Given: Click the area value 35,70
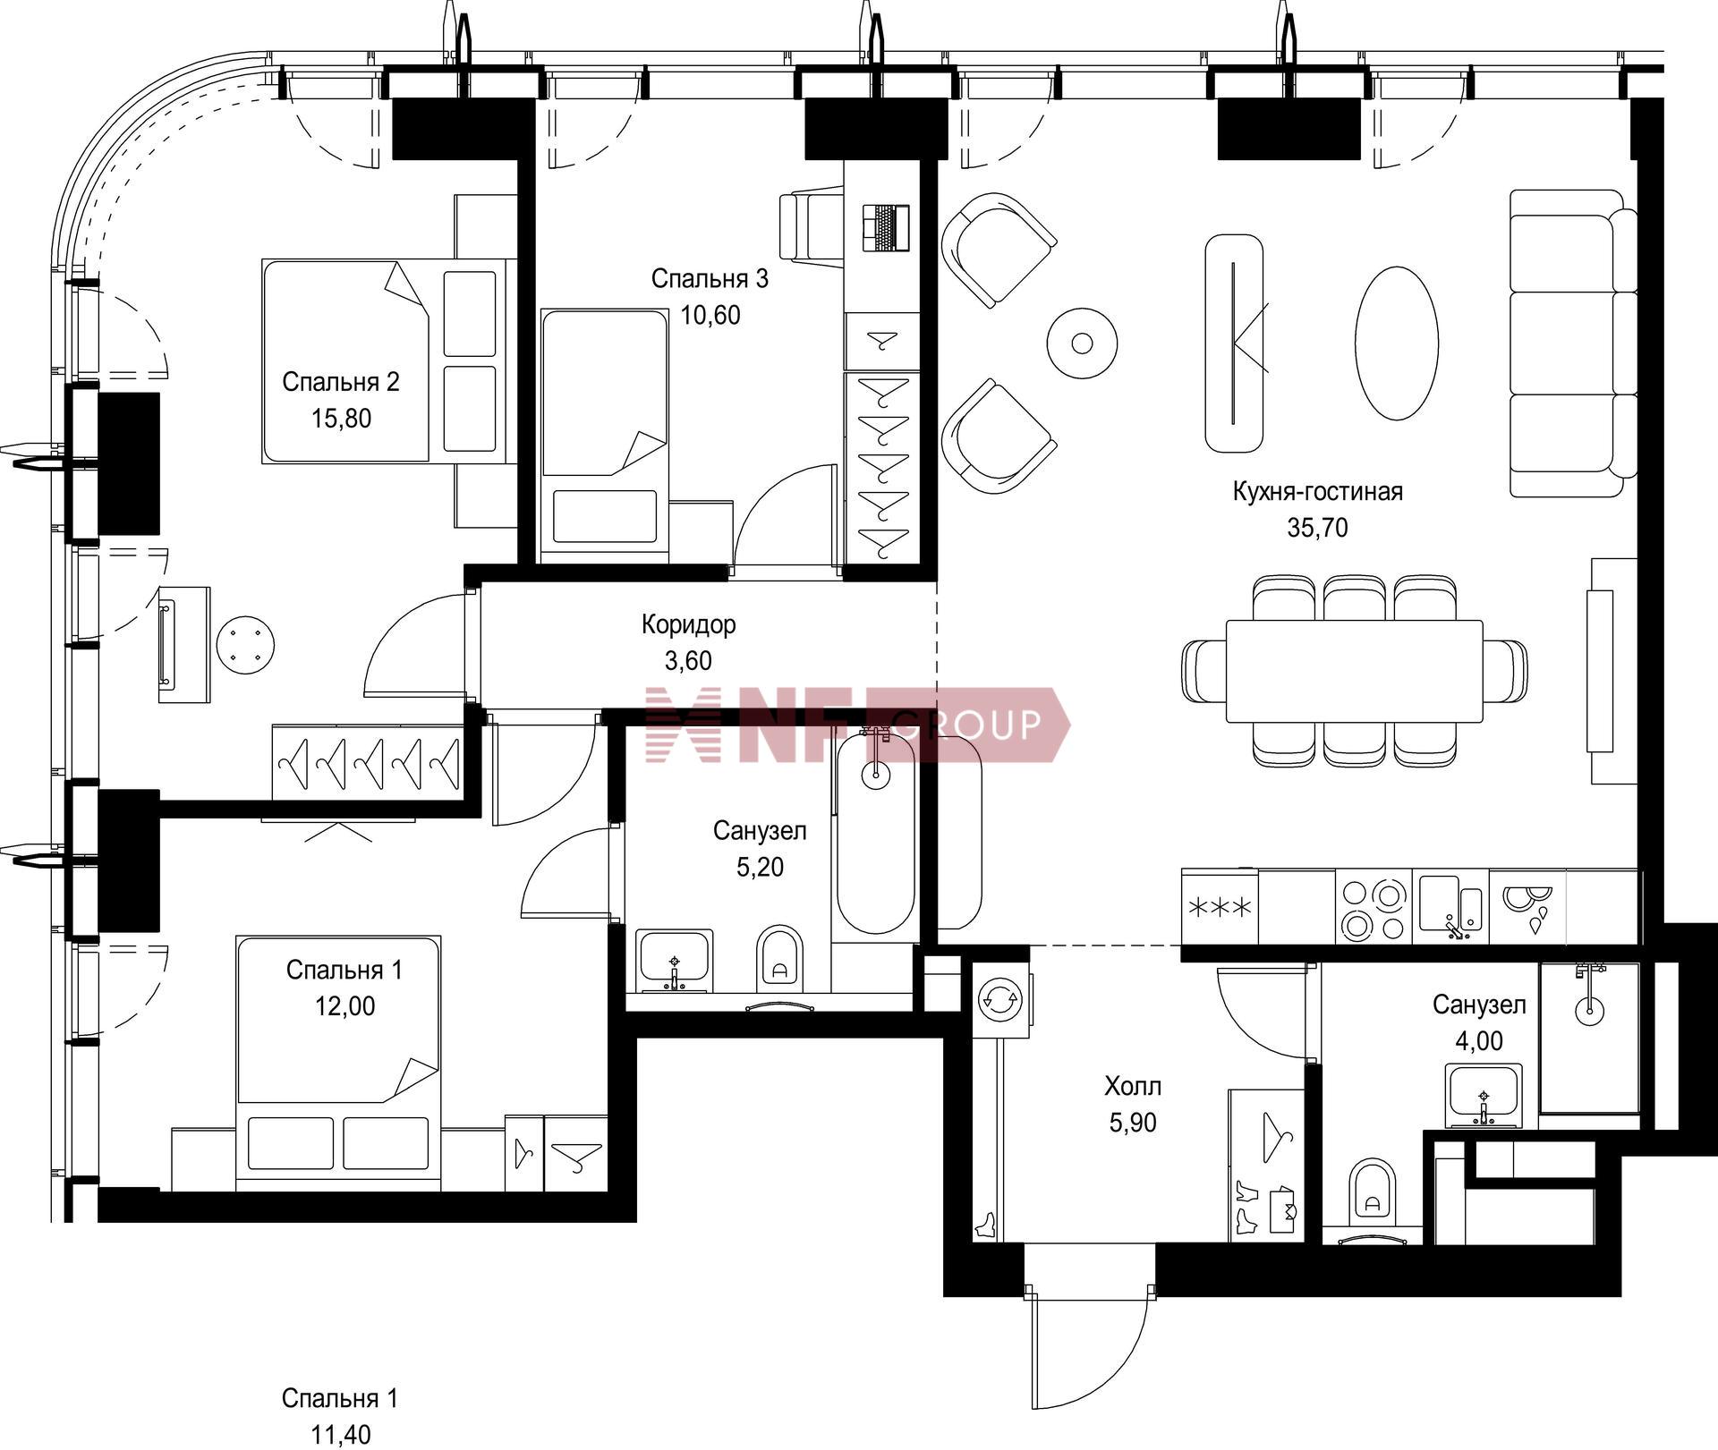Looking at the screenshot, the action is pos(1317,528).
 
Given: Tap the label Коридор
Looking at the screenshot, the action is pos(688,623).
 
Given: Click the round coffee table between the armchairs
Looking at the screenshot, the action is pos(1082,343).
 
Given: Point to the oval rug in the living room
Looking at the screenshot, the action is pos(1397,343).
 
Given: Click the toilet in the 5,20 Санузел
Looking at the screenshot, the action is pos(779,958).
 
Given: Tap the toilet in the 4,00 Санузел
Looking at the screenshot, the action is pos(1372,1189).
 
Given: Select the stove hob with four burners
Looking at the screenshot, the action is pos(1374,907).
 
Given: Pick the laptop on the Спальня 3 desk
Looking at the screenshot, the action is pos(886,228).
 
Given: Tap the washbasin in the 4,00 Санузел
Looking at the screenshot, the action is pos(1484,1096).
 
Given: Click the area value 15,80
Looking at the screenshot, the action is pos(341,419).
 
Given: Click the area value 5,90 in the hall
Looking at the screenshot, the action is pos(1133,1123).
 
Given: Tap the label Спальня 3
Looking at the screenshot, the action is pos(710,279).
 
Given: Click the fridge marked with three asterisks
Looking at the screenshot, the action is pos(1219,907).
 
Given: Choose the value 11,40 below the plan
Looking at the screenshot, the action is pos(340,1436).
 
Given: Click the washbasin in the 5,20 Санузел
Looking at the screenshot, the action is pos(675,961).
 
